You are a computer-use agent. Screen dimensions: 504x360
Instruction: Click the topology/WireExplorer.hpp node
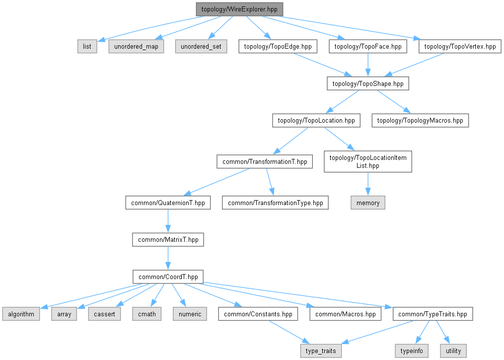coord(239,9)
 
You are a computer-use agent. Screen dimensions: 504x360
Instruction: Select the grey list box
coord(87,46)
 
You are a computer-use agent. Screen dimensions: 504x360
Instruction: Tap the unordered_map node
coord(136,46)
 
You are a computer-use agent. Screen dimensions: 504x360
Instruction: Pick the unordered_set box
coord(201,46)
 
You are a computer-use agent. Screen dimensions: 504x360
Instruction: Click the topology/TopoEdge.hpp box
coord(278,46)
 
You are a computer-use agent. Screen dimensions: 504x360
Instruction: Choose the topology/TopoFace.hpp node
coord(368,46)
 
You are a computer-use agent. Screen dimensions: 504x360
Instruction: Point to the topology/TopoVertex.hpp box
coord(460,46)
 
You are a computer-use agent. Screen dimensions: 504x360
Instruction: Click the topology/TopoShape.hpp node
coord(368,83)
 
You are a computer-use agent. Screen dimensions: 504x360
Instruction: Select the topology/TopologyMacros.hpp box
coord(420,121)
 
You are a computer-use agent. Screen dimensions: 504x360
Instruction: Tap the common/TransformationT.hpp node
coord(265,162)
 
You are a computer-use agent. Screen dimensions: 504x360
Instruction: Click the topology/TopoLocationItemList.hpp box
coord(368,162)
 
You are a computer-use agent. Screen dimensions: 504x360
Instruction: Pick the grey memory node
coord(368,203)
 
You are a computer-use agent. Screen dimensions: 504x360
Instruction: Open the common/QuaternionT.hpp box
coord(168,203)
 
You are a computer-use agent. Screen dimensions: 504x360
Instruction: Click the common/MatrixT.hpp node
coord(168,240)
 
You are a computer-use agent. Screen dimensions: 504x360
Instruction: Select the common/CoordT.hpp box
coord(168,277)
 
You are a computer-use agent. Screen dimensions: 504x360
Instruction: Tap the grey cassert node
coord(104,314)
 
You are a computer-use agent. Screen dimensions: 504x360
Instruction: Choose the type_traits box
coord(321,351)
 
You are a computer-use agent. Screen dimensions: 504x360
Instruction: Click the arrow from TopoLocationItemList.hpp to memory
coord(368,184)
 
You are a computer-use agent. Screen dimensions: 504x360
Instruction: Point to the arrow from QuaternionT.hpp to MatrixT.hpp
coord(168,221)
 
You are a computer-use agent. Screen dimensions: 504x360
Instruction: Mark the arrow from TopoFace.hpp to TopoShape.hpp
coord(368,65)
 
